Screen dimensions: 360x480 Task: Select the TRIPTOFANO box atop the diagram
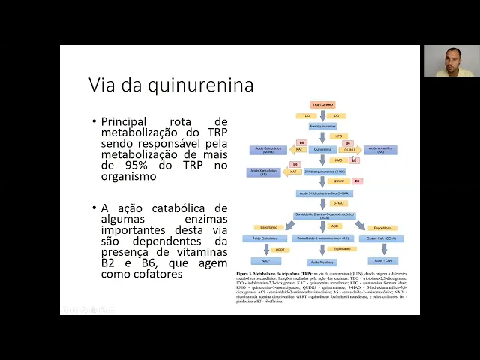coord(322,105)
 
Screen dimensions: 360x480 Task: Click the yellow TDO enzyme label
coord(307,116)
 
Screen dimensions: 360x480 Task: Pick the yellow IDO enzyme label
coord(337,116)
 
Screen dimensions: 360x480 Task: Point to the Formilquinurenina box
coord(322,127)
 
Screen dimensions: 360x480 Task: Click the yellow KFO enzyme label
coord(338,137)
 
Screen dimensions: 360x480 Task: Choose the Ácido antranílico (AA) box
coord(380,150)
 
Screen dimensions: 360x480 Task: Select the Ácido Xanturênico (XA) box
coord(263,172)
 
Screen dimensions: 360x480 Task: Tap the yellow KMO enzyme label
coord(339,160)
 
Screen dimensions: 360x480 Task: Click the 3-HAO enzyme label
coord(338,203)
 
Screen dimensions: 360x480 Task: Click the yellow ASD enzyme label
coord(335,226)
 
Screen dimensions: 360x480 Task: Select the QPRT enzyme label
coord(280,250)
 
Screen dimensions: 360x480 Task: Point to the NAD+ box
coord(266,260)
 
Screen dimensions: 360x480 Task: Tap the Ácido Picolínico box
coord(323,262)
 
